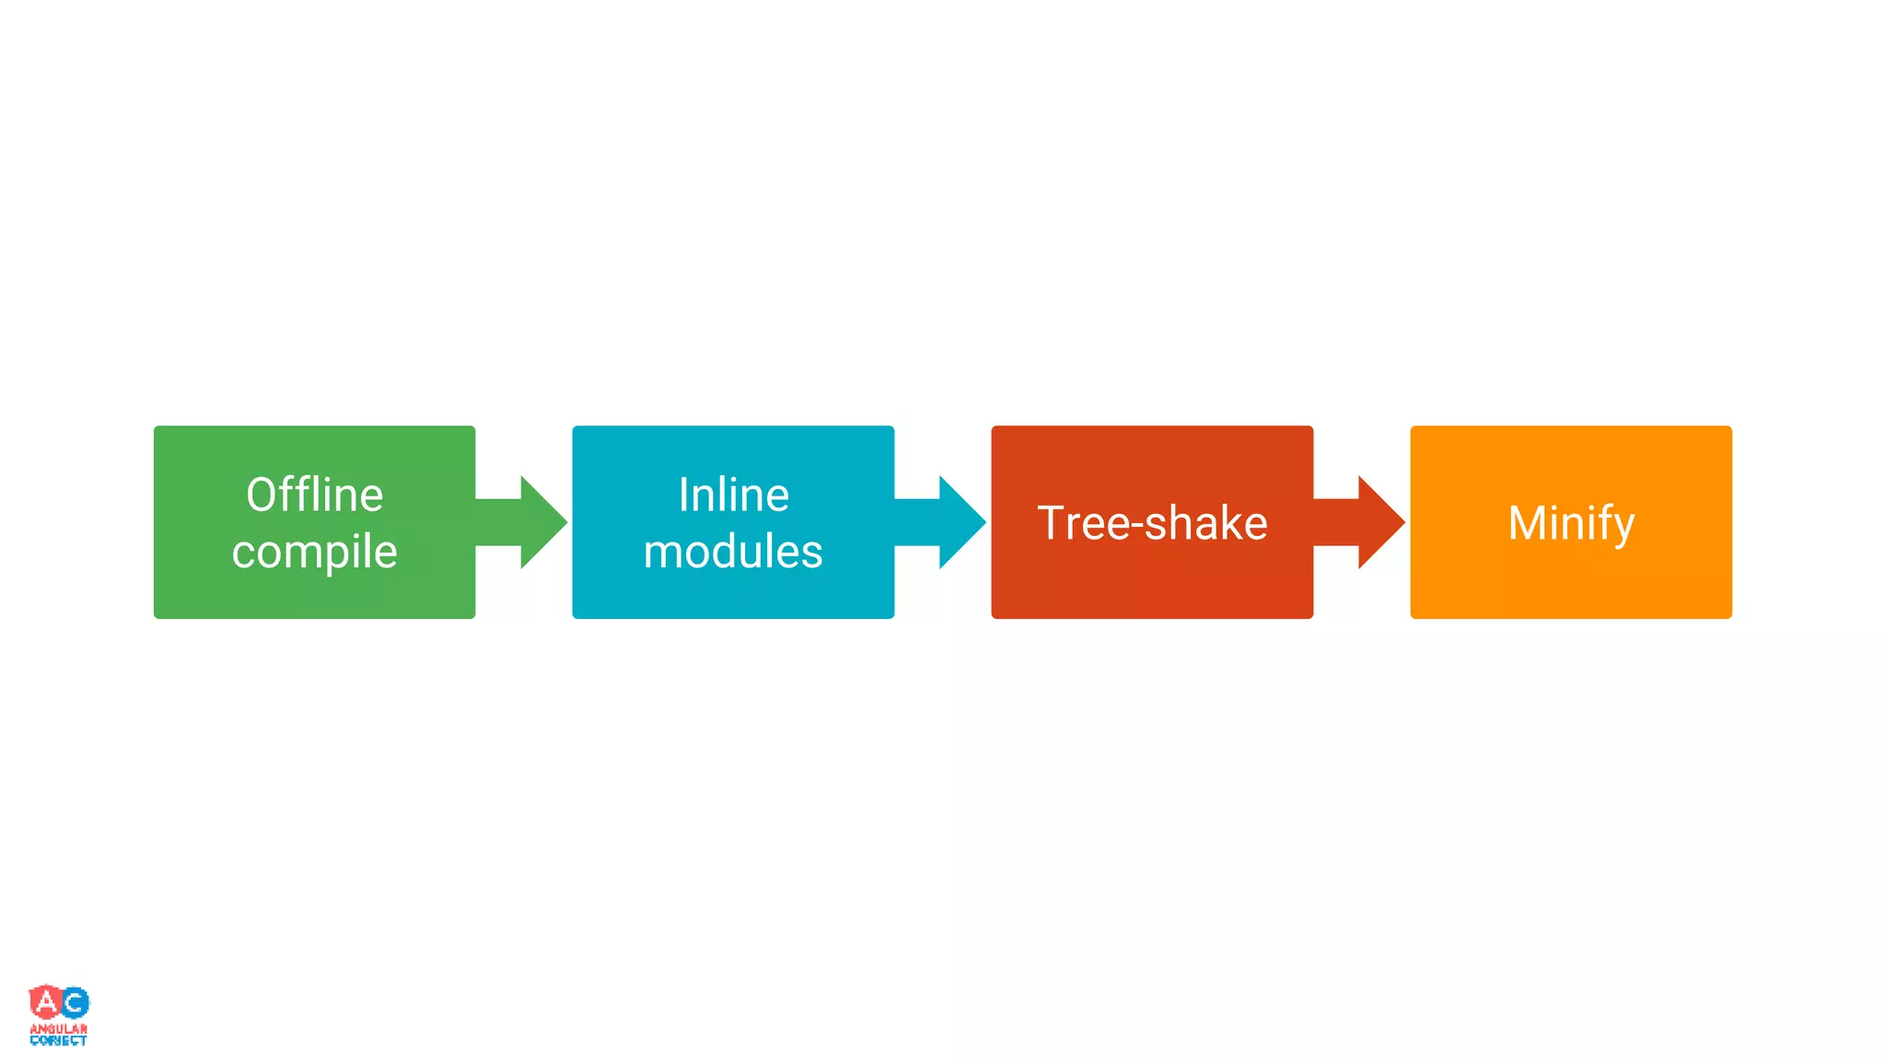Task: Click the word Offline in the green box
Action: (314, 495)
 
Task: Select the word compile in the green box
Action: (314, 552)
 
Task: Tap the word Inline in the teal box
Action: (733, 495)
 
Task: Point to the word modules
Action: (733, 552)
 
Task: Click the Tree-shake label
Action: (1152, 523)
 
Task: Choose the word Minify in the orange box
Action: (1571, 523)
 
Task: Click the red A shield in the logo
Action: (45, 1001)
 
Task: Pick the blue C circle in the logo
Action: (75, 1003)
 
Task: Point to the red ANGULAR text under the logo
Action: (59, 1029)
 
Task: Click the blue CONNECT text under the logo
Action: (59, 1041)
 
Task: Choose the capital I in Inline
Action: (684, 495)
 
